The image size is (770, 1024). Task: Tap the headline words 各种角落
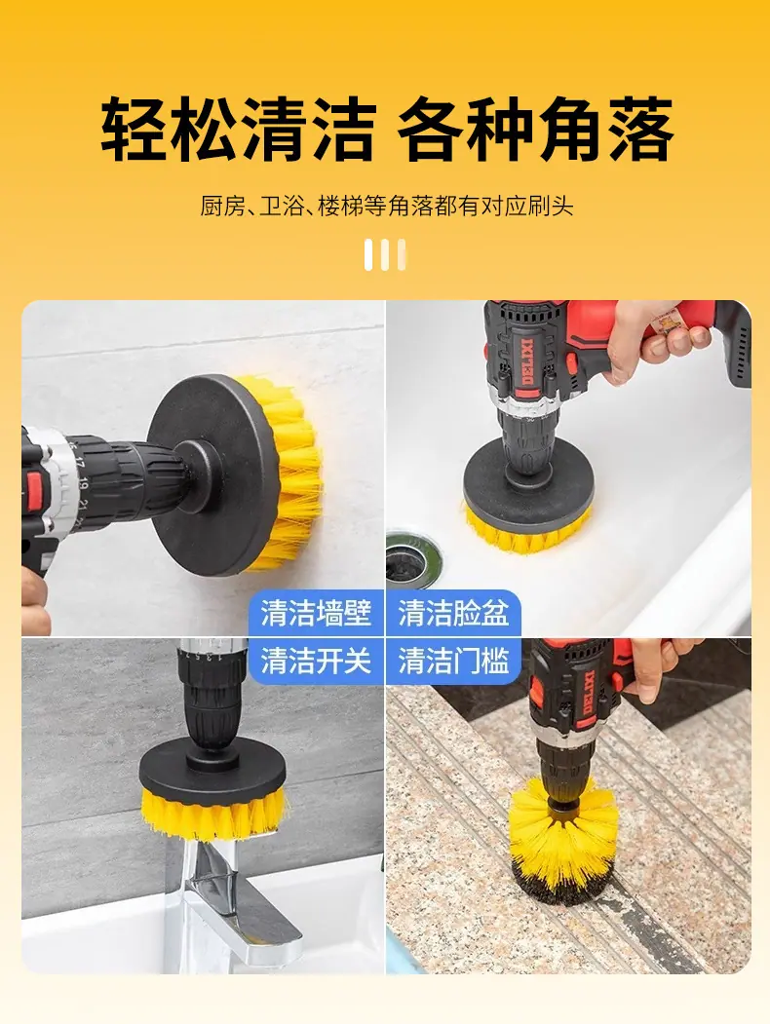pos(535,129)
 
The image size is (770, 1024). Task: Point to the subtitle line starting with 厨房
pos(387,207)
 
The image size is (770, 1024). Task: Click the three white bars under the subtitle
pos(385,254)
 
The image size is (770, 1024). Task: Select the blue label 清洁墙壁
pos(316,613)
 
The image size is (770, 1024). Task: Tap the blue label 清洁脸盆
pos(453,613)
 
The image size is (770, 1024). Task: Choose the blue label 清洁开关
pos(316,661)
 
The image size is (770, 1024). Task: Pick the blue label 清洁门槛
pos(453,661)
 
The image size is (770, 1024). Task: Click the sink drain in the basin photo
pos(410,558)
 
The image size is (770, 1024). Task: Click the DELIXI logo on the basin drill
pos(529,363)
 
